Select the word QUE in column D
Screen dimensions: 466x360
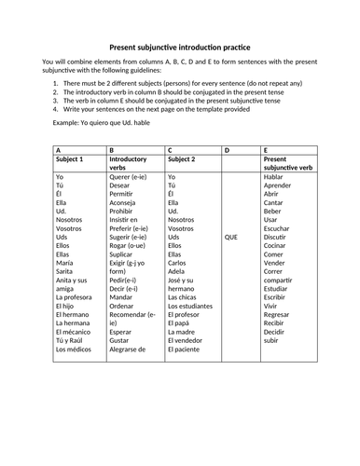coord(232,237)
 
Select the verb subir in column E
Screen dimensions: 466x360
coord(270,338)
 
